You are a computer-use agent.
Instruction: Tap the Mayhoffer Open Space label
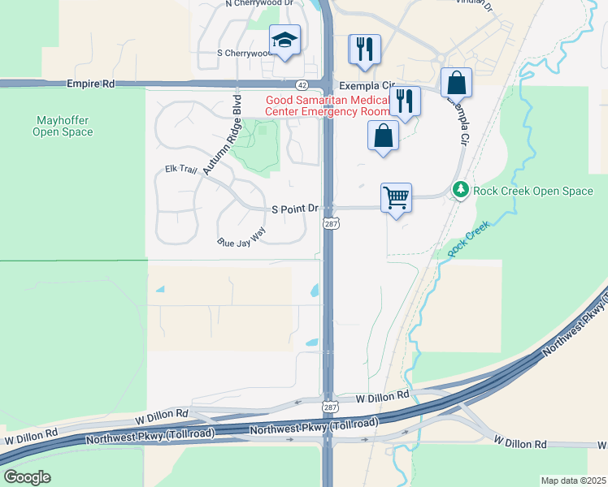63,126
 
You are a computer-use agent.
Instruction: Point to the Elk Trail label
181,170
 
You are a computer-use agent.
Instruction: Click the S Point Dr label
294,209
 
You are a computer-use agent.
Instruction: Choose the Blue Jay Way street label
241,236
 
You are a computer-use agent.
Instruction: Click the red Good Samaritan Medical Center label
328,105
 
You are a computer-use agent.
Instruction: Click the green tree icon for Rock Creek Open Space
461,190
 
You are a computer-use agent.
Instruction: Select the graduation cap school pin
284,40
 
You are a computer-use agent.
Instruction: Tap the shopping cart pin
396,197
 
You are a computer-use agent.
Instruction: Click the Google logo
26,476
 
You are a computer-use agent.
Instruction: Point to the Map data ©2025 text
572,481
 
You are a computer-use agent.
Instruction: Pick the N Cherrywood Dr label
259,3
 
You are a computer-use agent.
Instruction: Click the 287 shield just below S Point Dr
329,222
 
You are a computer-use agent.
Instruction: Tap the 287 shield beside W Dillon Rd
328,405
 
